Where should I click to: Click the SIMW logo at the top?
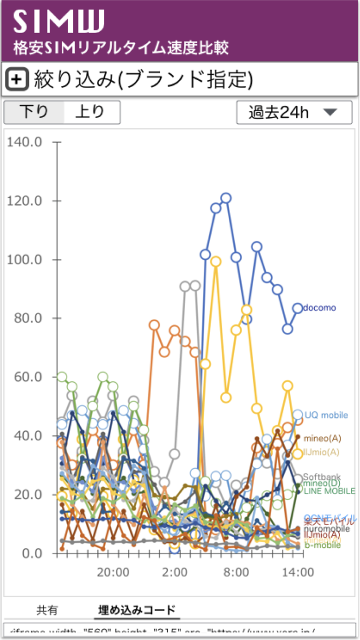pyautogui.click(x=58, y=21)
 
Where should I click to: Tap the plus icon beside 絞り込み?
pyautogui.click(x=17, y=79)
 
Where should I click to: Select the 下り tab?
pyautogui.click(x=34, y=112)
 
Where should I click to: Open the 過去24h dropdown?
pyautogui.click(x=294, y=112)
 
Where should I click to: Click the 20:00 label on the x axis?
pyautogui.click(x=112, y=571)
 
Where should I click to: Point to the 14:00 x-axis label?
pyautogui.click(x=297, y=571)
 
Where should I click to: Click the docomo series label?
pyautogui.click(x=319, y=308)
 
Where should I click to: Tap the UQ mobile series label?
pyautogui.click(x=326, y=415)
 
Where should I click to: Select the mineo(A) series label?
pyautogui.click(x=322, y=438)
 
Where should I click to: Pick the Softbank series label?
pyautogui.click(x=322, y=477)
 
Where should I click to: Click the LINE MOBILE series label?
pyautogui.click(x=329, y=491)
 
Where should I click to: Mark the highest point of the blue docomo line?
pyautogui.click(x=226, y=198)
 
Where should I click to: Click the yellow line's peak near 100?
pyautogui.click(x=216, y=261)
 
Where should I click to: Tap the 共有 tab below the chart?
pyautogui.click(x=47, y=610)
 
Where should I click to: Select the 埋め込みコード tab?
pyautogui.click(x=137, y=610)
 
